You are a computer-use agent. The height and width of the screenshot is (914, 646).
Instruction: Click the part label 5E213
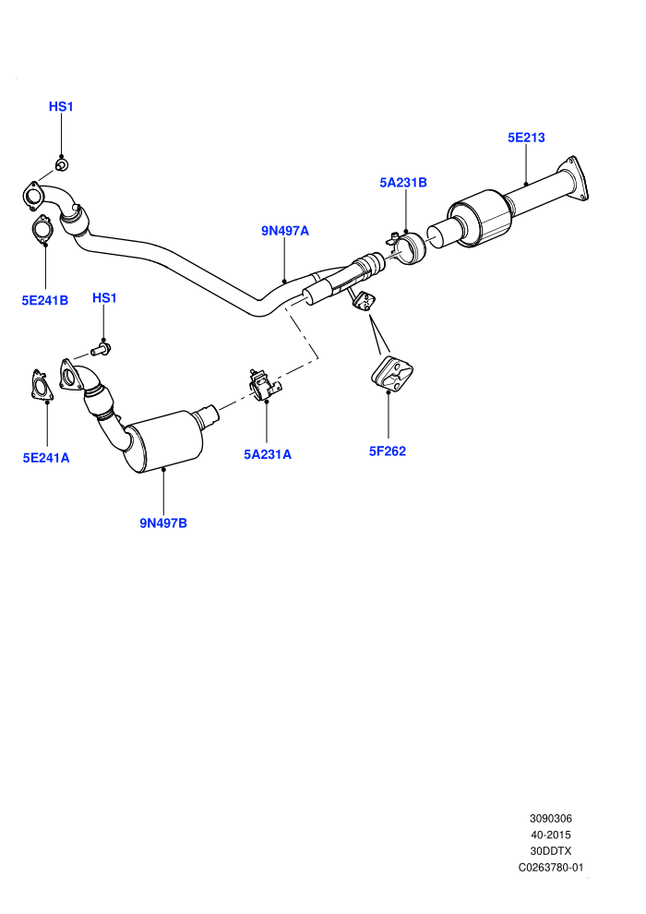tap(526, 138)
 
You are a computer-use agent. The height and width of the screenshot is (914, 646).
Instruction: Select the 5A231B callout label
tap(403, 183)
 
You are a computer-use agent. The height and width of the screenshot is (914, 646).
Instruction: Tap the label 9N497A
tap(285, 231)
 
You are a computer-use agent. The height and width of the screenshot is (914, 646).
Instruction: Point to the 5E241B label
tap(45, 300)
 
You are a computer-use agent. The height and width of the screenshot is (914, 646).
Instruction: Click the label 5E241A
tap(46, 458)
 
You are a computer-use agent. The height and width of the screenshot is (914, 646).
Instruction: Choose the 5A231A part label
tap(268, 454)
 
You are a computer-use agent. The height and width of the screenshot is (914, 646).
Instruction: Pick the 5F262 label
tap(388, 451)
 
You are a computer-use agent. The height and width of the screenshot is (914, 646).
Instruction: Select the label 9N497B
tap(163, 523)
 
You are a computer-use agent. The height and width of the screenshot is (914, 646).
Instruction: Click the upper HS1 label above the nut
tap(61, 107)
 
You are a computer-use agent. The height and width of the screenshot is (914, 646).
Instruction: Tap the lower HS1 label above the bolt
tap(104, 298)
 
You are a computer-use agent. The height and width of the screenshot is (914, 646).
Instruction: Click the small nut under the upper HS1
tap(61, 165)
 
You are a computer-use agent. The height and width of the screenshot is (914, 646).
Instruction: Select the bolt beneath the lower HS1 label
tap(102, 349)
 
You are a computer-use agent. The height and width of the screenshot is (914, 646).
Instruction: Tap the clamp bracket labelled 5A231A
tap(264, 385)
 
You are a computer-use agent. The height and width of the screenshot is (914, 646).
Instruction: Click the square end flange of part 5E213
tap(577, 179)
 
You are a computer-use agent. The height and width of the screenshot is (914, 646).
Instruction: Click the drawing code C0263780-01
tap(551, 867)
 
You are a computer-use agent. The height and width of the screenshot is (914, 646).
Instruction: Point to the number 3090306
tap(551, 819)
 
